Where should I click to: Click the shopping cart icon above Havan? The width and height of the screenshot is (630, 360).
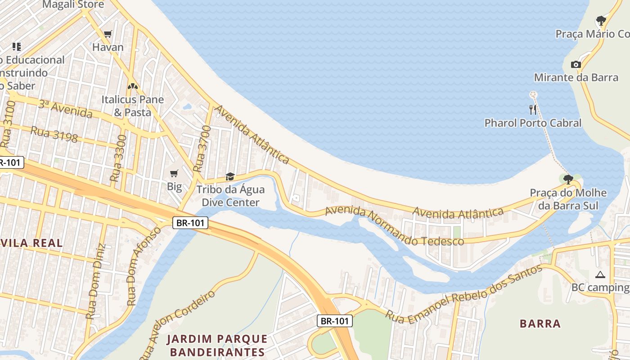[108, 34]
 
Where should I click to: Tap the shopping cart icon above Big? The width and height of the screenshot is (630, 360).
[174, 173]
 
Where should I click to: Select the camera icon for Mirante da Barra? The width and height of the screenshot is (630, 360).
[576, 64]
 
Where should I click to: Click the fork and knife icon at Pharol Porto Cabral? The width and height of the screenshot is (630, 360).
[533, 109]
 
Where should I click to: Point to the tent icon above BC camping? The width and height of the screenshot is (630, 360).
[600, 274]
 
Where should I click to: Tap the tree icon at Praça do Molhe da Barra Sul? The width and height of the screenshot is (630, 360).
[568, 180]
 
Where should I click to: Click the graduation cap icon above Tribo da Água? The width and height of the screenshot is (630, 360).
[230, 176]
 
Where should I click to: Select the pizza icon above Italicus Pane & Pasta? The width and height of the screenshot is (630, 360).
[132, 86]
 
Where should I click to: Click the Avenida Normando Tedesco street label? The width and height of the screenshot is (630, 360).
[394, 226]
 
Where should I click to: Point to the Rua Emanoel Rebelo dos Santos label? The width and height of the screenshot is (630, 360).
[464, 294]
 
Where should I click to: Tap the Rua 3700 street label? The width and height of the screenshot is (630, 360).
[202, 148]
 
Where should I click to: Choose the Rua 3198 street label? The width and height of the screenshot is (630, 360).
[54, 134]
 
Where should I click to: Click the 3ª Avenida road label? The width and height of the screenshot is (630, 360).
[65, 109]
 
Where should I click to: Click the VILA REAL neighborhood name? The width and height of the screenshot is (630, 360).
[31, 243]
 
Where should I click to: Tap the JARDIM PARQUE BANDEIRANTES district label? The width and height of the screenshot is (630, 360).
[217, 345]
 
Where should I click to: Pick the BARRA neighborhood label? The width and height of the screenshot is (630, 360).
[540, 324]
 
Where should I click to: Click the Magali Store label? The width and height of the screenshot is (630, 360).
[73, 5]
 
